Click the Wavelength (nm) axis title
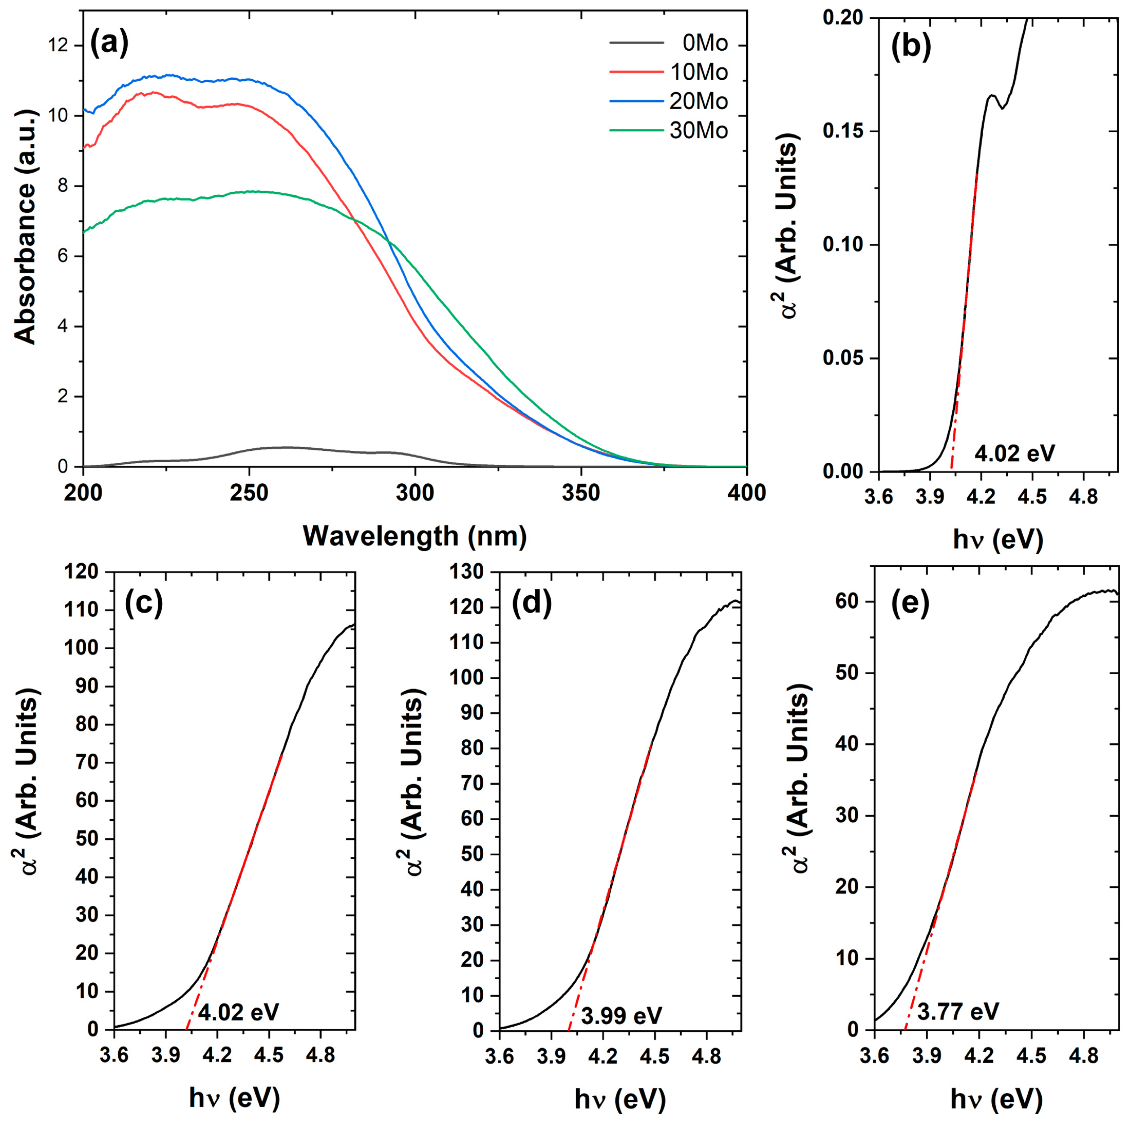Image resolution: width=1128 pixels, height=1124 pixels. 414,535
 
